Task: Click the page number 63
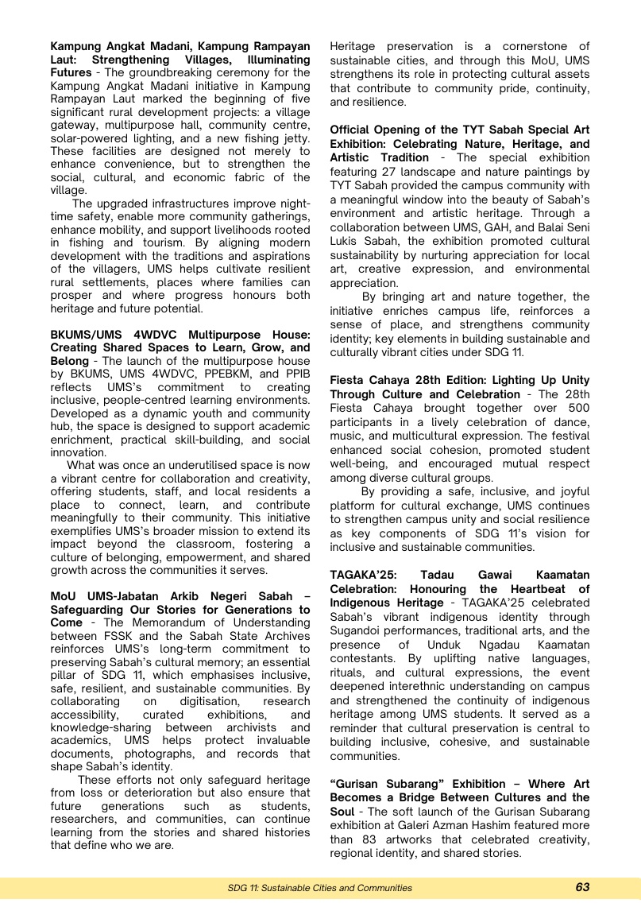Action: [582, 888]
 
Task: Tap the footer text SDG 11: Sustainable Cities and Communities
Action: [320, 888]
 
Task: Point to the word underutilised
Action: [219, 465]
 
